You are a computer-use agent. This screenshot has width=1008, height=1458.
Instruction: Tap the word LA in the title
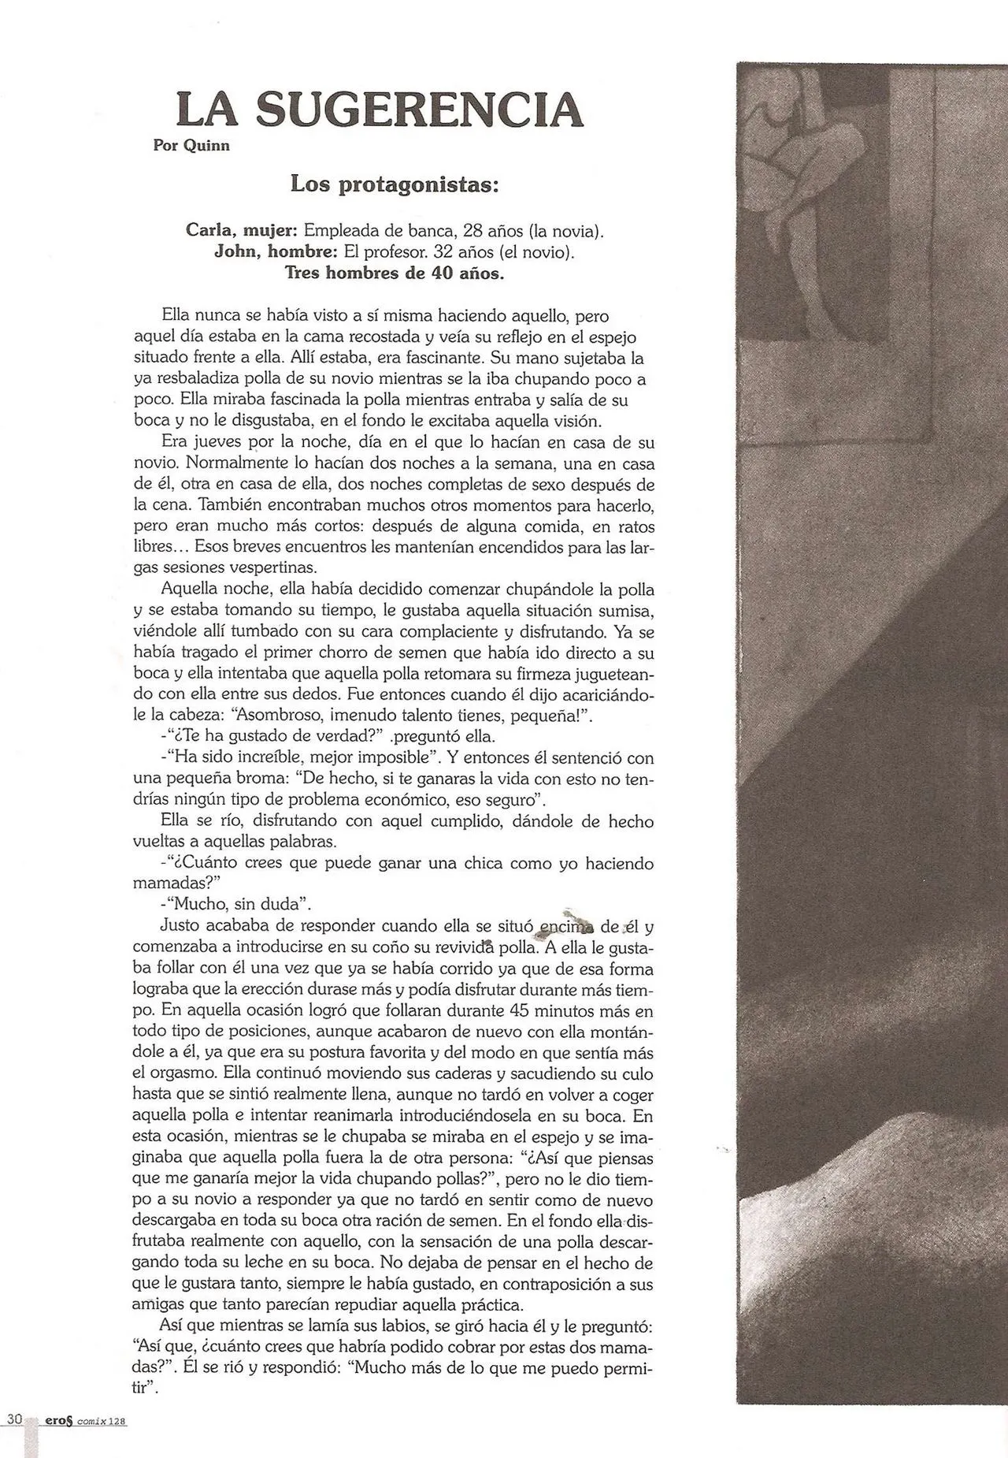(207, 110)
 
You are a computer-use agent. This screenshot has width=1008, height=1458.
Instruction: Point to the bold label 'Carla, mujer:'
(242, 232)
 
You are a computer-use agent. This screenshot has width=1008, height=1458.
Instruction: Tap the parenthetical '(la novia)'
(566, 232)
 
